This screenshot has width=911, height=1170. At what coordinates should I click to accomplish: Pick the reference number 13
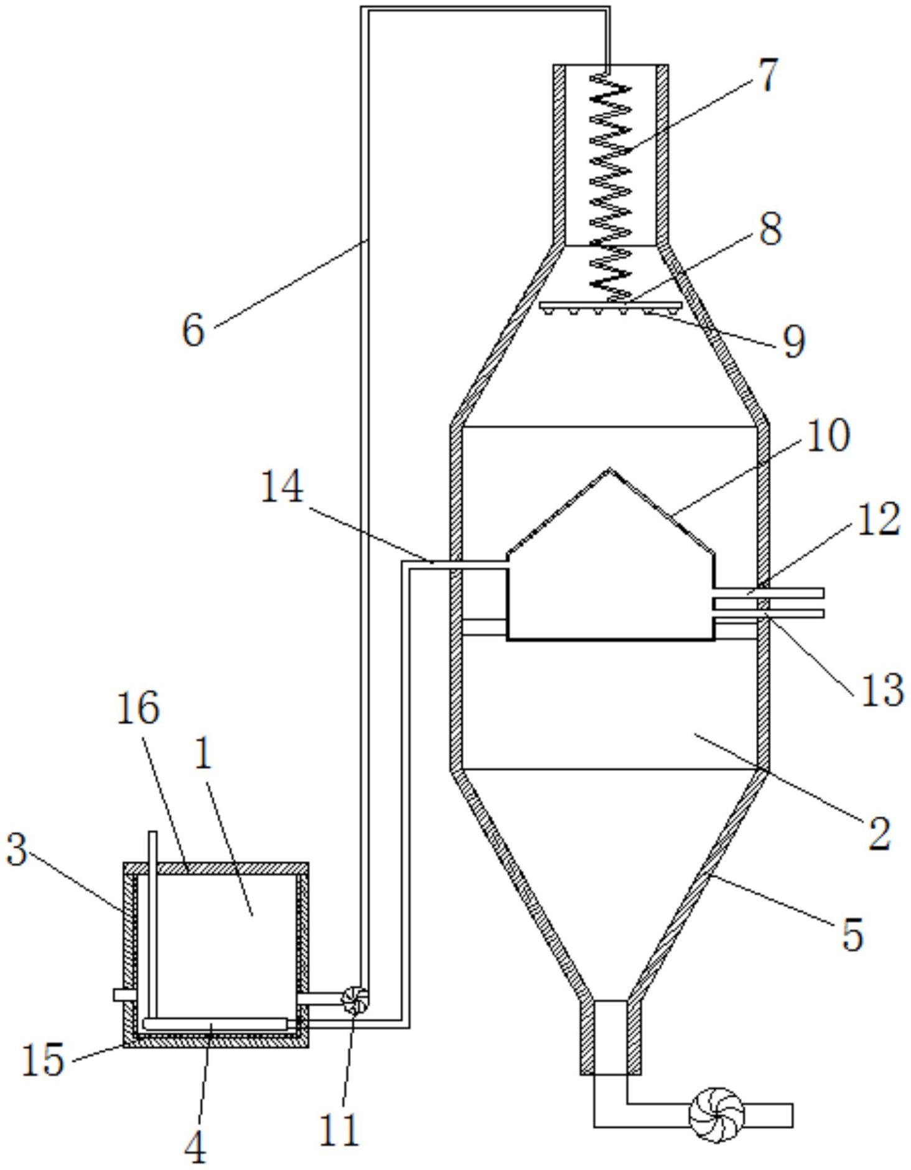click(x=882, y=689)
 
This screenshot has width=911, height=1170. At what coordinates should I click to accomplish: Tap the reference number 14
click(x=281, y=486)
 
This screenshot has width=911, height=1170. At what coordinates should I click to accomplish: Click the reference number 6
click(x=194, y=329)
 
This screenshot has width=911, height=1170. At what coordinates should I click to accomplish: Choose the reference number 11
click(x=340, y=1129)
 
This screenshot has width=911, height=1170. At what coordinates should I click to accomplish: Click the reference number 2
click(x=879, y=833)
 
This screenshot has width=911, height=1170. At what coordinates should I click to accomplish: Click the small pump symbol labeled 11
click(x=355, y=1000)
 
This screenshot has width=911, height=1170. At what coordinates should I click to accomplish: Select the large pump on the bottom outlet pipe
click(x=717, y=1115)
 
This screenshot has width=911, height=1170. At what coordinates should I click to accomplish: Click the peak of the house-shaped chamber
click(x=610, y=469)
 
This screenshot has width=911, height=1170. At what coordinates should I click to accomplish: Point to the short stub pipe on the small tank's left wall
click(x=124, y=995)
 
